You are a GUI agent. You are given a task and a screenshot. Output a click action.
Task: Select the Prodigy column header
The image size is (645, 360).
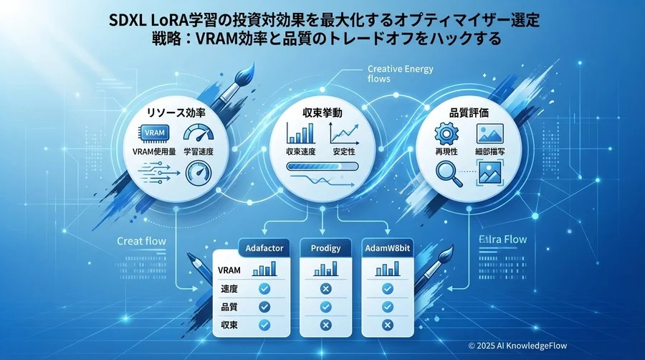coord(325,248)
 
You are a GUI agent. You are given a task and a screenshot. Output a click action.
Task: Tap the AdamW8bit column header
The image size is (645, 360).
coord(388,248)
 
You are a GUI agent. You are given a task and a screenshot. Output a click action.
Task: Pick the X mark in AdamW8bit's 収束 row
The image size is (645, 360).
coord(387,325)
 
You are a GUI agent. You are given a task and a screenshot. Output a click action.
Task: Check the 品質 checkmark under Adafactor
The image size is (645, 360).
coord(263,306)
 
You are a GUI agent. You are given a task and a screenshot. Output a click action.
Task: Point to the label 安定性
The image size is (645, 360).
coord(344,152)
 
